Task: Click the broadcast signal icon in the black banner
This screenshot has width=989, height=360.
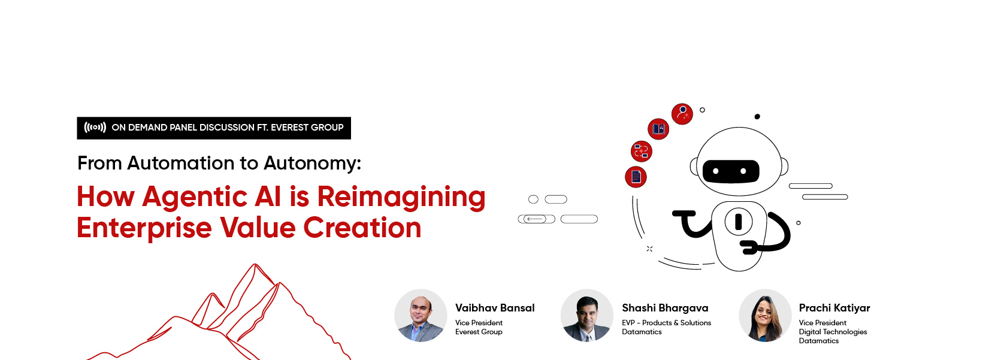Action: [x=95, y=128]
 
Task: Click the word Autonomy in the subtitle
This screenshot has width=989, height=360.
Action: [x=312, y=164]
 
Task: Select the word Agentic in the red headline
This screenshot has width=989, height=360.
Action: [x=211, y=198]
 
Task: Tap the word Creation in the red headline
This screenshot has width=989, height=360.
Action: [x=362, y=228]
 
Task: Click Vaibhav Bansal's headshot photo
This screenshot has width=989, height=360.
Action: [x=421, y=316]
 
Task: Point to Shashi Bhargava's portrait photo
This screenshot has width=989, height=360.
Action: [x=587, y=316]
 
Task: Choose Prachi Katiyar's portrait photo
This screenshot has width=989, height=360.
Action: [x=765, y=316]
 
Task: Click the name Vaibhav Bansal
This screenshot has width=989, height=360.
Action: [x=495, y=308]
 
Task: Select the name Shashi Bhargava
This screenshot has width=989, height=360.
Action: [x=665, y=308]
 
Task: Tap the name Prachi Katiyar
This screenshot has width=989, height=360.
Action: [x=834, y=308]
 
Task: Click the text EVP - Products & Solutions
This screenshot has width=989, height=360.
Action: [x=666, y=323]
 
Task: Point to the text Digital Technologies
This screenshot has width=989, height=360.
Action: [x=833, y=332]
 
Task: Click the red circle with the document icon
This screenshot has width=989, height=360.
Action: [x=636, y=177]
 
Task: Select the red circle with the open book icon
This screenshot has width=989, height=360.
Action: [x=658, y=129]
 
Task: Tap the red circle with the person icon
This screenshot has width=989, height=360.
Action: [x=682, y=114]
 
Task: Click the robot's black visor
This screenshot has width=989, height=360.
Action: [x=731, y=171]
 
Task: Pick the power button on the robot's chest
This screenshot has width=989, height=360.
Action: [x=738, y=221]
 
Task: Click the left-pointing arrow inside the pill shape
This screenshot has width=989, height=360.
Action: [x=535, y=219]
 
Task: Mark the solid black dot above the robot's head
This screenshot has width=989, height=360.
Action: [x=757, y=117]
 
